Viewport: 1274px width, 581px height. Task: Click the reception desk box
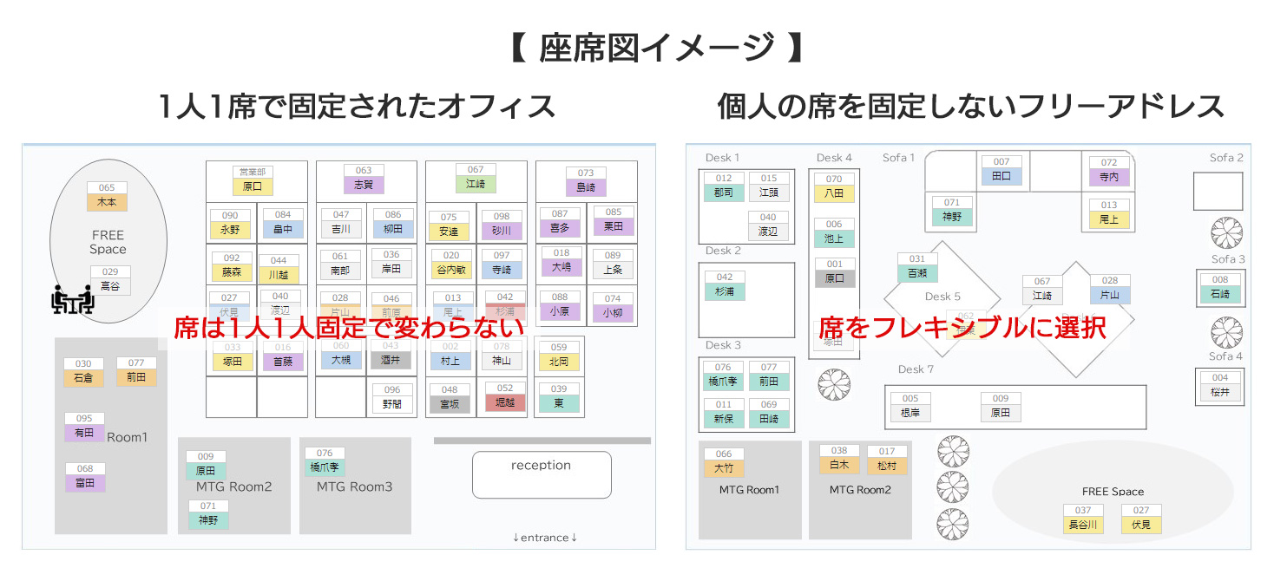pos(542,474)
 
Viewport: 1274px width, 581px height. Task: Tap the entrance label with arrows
pos(545,538)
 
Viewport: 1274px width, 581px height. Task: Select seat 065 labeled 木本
pos(107,197)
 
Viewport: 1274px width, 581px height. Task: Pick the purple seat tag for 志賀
pos(364,180)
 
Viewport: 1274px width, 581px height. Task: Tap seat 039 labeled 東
pos(559,398)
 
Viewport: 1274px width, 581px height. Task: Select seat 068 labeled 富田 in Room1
pos(85,478)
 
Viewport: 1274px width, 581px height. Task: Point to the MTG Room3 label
pos(354,486)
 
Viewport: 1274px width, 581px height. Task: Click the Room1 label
pos(128,437)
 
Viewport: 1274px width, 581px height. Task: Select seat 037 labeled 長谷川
pos(1083,519)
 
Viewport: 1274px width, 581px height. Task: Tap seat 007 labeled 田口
pos(1001,171)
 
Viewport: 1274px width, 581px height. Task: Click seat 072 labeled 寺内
pos(1109,172)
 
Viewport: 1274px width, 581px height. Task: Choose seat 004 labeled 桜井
pos(1220,387)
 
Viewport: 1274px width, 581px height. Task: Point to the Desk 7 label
pos(916,369)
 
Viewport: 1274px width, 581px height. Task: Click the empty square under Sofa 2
pos(1218,192)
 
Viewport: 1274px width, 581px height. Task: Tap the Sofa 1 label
pos(899,158)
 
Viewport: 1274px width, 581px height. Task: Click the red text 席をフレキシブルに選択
pos(962,328)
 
